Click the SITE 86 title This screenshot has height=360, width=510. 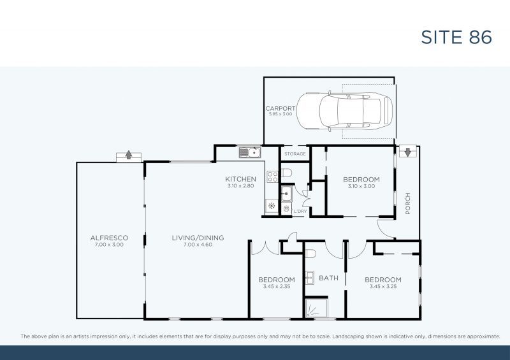(456, 37)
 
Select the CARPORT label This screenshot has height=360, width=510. (280, 109)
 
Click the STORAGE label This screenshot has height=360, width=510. (295, 154)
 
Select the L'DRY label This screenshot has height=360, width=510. (300, 210)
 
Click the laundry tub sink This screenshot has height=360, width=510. (286, 194)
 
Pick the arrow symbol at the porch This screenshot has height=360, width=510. (407, 152)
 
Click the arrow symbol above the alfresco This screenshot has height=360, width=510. (128, 155)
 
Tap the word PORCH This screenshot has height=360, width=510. (407, 204)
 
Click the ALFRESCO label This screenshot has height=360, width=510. (109, 238)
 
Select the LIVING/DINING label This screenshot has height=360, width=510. (198, 238)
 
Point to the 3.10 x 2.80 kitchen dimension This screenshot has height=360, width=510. (240, 186)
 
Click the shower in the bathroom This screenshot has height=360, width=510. (316, 309)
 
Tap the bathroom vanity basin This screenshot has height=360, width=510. (309, 277)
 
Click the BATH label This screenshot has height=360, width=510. (328, 278)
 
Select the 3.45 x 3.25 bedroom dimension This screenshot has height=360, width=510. (382, 287)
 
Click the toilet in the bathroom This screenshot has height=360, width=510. (310, 254)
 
